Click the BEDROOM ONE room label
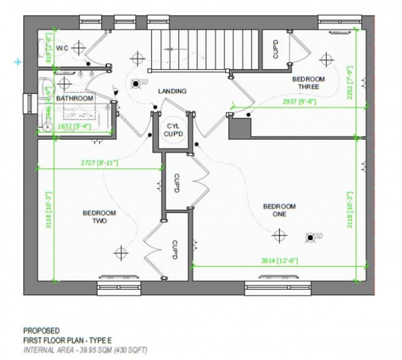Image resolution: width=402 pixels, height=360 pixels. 279,210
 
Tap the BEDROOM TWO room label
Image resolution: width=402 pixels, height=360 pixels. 99,217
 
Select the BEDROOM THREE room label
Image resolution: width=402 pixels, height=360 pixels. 308,83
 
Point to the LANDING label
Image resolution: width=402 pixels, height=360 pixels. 172,91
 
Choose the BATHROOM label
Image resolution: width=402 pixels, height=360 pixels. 74,98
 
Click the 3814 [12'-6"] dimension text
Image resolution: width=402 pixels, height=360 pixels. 279,261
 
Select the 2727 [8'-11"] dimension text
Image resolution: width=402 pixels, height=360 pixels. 99,162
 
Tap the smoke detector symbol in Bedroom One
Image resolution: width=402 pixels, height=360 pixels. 311,237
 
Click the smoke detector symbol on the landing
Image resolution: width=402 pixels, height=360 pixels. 136,83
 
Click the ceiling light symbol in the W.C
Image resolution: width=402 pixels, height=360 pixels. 79,48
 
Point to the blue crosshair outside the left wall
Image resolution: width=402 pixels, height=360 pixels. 17,62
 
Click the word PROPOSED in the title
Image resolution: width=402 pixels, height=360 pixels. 41,330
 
